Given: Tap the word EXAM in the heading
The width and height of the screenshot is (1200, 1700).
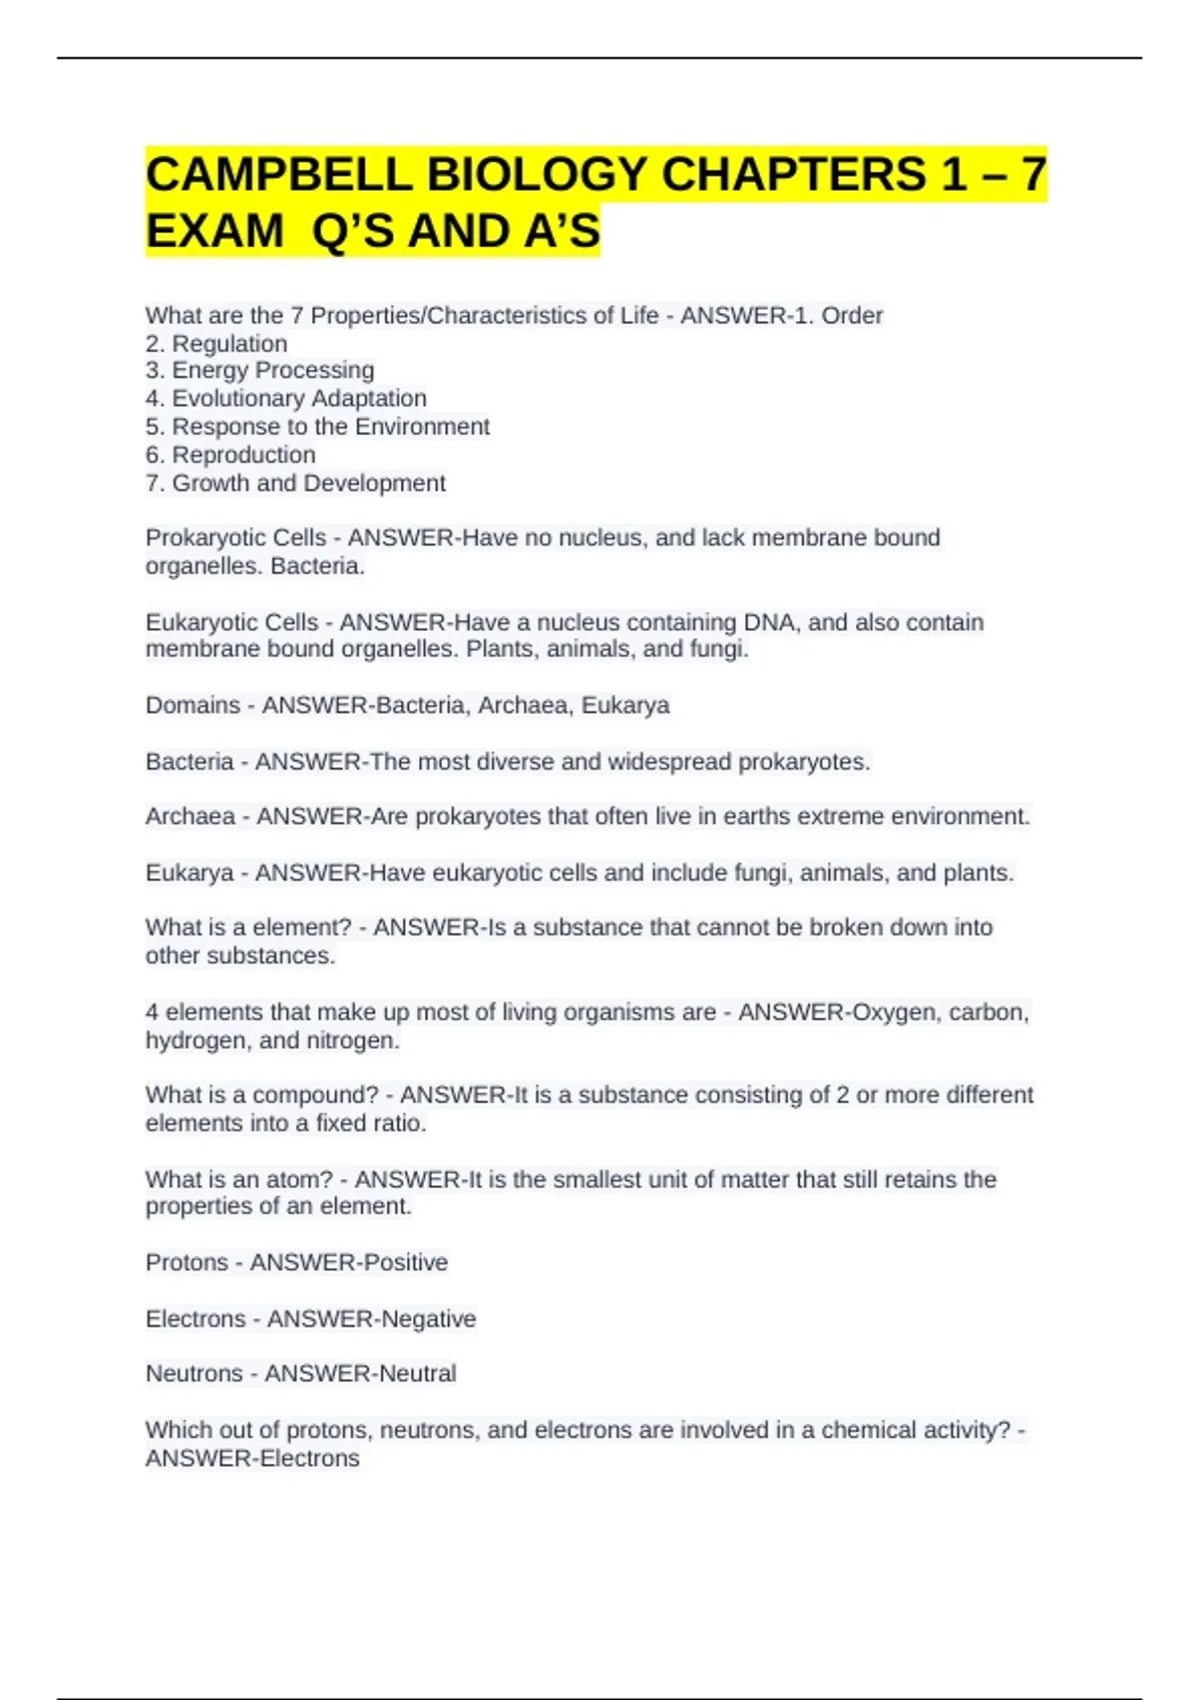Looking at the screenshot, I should [x=215, y=231].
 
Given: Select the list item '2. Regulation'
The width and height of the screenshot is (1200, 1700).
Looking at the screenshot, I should [x=216, y=344].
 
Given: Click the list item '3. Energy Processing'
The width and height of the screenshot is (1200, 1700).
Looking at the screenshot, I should [x=260, y=370].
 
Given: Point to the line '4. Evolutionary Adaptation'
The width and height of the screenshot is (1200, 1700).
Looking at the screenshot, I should [x=286, y=398].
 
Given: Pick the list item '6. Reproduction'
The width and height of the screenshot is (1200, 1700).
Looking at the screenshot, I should [x=230, y=455].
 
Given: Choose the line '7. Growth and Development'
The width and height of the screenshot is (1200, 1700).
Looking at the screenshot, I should [x=295, y=483].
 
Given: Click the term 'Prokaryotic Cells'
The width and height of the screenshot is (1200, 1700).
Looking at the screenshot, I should [x=236, y=538].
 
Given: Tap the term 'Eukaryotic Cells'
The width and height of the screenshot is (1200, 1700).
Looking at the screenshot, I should [x=232, y=622].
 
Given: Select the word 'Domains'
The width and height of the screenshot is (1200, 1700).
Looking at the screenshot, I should [x=193, y=705].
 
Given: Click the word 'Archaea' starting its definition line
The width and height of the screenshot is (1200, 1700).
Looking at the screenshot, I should [x=190, y=816].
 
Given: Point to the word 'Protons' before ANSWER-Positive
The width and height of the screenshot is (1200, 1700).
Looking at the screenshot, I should [x=187, y=1262].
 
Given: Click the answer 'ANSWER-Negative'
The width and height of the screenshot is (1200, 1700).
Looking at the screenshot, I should [x=372, y=1319].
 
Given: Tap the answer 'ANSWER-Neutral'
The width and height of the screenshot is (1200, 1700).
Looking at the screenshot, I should [x=360, y=1373].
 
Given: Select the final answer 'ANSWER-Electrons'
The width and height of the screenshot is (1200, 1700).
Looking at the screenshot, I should [x=253, y=1458].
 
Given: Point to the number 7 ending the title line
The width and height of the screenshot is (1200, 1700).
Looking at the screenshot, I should [x=1032, y=175].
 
